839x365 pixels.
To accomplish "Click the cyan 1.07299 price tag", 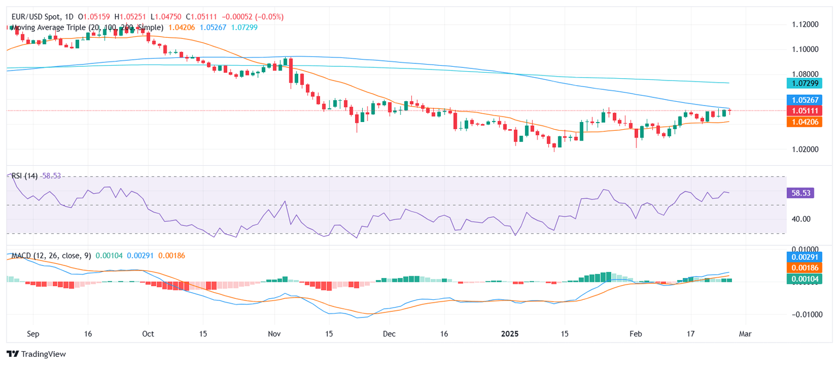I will click(x=802, y=83).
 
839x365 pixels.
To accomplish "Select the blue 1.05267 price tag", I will click(x=802, y=100).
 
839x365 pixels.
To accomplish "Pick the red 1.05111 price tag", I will click(x=802, y=111).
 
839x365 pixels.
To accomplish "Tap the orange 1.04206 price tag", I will click(x=802, y=121).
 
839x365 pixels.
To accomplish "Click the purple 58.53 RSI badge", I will click(x=800, y=193).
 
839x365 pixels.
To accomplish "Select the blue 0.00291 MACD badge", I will click(x=802, y=256).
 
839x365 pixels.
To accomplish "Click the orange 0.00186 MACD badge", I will click(x=802, y=268).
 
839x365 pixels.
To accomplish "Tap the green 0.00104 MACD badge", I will click(x=802, y=279).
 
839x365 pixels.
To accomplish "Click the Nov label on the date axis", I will click(x=275, y=333).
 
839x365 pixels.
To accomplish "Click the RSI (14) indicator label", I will click(x=25, y=176).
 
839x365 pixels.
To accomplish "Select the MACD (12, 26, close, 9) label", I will click(x=49, y=255).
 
